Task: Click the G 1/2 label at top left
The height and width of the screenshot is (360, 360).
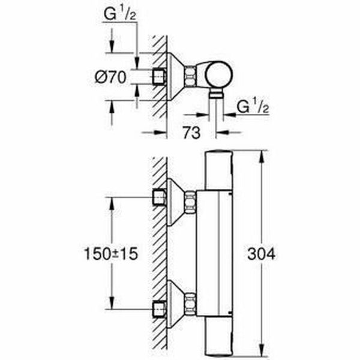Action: [x=119, y=11]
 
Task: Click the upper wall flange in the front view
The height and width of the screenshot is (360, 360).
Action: [x=175, y=201]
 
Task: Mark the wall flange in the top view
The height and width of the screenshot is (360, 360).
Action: [x=175, y=76]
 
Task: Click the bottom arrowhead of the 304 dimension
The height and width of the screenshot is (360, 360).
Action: [x=260, y=354]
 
